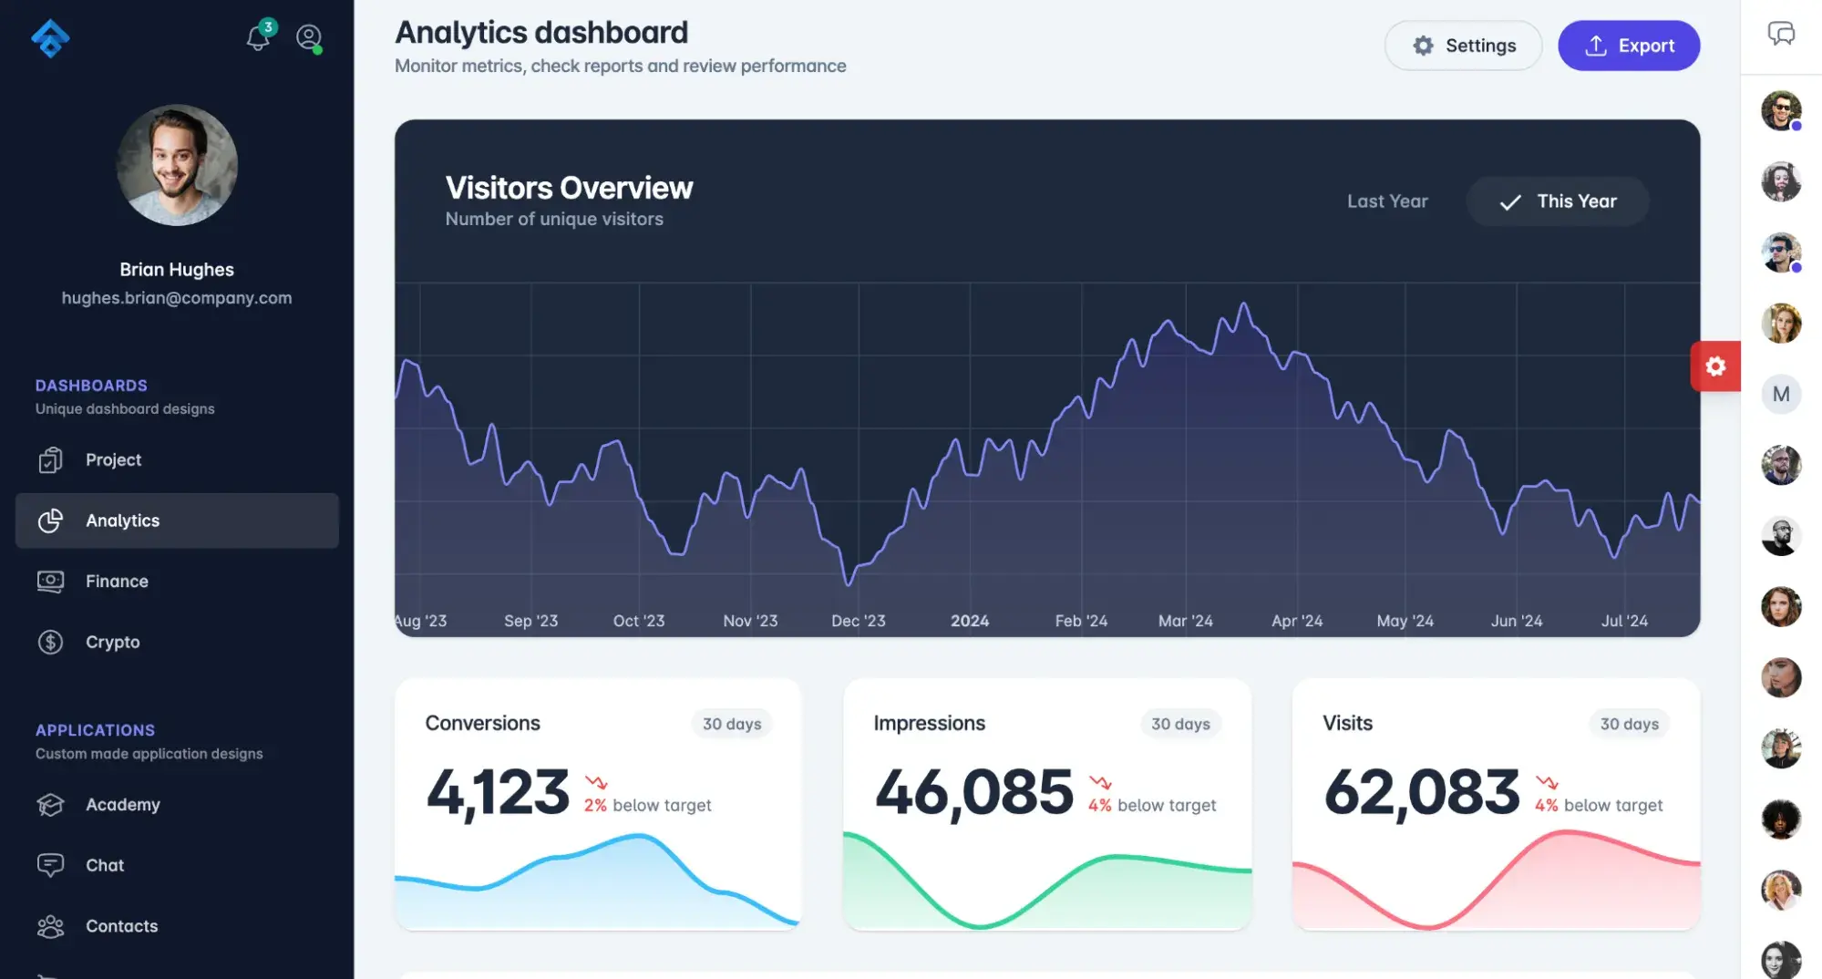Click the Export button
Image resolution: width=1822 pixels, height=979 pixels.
(1628, 46)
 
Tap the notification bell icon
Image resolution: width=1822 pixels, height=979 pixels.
(258, 37)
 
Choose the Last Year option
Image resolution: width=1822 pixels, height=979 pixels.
(1386, 201)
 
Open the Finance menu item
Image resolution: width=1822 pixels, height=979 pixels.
(117, 582)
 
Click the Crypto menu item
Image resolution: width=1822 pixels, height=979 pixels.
(112, 642)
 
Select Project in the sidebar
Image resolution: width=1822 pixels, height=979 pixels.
(113, 460)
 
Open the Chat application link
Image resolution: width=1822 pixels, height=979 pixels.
(105, 865)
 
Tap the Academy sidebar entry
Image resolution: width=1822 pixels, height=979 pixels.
(122, 805)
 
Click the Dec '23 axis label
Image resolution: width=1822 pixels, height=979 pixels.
(858, 621)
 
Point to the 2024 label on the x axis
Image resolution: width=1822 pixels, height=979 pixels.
(969, 621)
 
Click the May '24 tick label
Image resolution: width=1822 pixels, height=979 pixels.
(1405, 621)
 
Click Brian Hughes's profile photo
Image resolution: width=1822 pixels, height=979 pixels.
(177, 165)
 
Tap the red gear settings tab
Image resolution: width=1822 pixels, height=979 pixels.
(1714, 366)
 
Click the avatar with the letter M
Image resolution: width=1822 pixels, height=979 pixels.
(1780, 395)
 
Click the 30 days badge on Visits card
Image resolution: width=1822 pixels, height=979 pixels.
(1629, 724)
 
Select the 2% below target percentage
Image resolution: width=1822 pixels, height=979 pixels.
(595, 806)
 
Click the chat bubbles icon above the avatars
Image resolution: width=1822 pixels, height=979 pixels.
(1780, 35)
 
